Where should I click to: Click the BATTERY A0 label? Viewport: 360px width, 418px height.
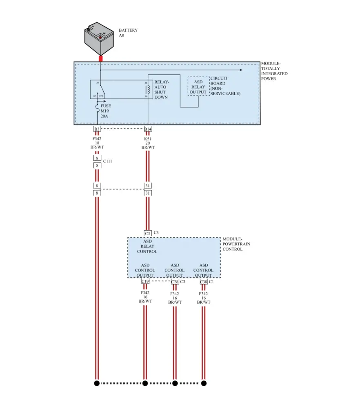(128, 33)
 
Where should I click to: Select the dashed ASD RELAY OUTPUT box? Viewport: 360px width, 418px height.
(198, 87)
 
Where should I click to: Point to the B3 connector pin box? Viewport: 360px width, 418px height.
(97, 129)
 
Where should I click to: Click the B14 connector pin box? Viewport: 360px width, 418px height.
(148, 129)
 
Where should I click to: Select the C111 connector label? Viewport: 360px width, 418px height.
(107, 161)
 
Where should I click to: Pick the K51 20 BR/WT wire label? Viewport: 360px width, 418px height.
(148, 143)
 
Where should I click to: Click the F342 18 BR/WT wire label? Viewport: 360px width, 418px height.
(97, 143)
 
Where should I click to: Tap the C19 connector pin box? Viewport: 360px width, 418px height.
(145, 282)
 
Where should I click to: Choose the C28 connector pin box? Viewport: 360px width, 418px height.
(175, 282)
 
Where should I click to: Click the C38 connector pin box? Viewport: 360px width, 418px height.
(203, 282)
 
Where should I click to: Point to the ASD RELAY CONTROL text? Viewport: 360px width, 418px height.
(147, 246)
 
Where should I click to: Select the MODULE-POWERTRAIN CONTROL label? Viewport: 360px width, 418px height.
(236, 244)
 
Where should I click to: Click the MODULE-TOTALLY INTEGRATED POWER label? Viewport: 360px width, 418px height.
(274, 71)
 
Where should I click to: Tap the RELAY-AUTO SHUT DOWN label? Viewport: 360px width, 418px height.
(161, 89)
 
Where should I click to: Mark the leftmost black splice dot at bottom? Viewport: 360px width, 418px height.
(97, 383)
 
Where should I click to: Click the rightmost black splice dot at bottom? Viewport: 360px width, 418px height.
(204, 383)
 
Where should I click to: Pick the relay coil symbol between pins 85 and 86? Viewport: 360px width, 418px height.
(149, 89)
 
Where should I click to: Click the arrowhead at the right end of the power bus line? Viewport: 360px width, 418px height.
(241, 70)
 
